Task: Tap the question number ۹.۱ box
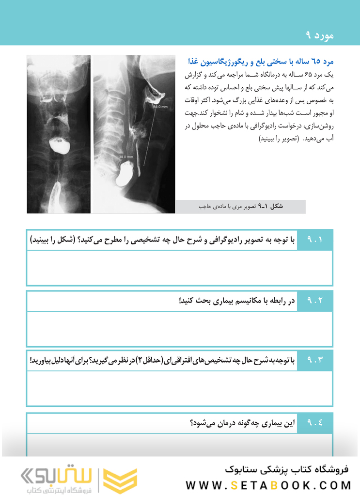pyautogui.click(x=314, y=240)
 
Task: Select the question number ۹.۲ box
pyautogui.click(x=314, y=301)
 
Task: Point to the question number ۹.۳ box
pyautogui.click(x=314, y=361)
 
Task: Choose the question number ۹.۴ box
pyautogui.click(x=314, y=423)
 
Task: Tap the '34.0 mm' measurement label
pyautogui.click(x=125, y=157)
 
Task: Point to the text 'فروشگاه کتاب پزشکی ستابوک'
pyautogui.click(x=288, y=469)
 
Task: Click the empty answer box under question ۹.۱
pyautogui.click(x=179, y=267)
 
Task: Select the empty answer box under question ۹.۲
pyautogui.click(x=179, y=328)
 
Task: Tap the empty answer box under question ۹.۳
pyautogui.click(x=179, y=388)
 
